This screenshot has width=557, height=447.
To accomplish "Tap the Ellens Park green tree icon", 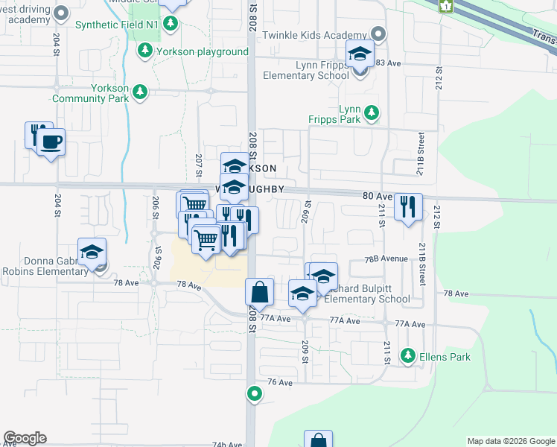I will click(x=407, y=356).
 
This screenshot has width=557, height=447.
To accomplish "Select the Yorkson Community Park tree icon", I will click(x=139, y=92).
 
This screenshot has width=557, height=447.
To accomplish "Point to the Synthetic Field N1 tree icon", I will click(x=171, y=24).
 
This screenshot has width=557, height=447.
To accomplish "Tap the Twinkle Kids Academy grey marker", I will click(x=378, y=35).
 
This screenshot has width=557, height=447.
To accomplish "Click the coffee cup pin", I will click(x=51, y=142).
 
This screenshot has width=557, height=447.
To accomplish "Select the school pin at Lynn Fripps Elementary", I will click(x=360, y=54).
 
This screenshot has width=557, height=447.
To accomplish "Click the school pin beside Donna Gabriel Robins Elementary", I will click(x=92, y=252).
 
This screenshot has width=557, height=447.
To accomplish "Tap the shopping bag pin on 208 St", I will click(x=259, y=292).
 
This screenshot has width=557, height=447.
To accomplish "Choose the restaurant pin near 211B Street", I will click(x=407, y=206).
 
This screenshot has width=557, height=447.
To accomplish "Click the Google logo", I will click(x=25, y=438).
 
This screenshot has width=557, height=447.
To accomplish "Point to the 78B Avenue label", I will click(x=386, y=259).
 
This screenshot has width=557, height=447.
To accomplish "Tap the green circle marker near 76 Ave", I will click(x=255, y=393).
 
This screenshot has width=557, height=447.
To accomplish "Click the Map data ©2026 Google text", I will click(x=510, y=441).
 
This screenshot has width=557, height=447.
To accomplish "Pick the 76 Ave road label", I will click(x=281, y=382).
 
